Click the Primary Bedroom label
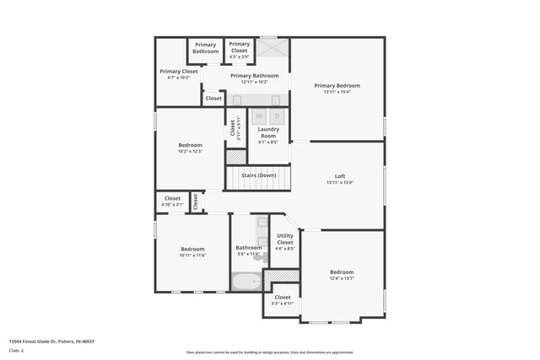(x=337, y=85)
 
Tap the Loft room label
(x=340, y=176)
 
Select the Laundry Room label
(x=268, y=132)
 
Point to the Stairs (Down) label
(x=258, y=175)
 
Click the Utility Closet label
(x=285, y=239)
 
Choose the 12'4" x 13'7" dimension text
(x=342, y=278)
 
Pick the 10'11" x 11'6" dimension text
(x=192, y=255)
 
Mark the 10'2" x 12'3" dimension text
(x=190, y=151)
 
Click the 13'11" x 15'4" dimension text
(x=337, y=92)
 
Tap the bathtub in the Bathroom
(x=248, y=282)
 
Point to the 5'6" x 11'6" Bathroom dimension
(x=248, y=254)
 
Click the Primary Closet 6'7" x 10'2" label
(x=179, y=74)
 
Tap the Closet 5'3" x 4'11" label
(x=283, y=300)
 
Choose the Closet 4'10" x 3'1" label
(x=172, y=201)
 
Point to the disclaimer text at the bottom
(x=270, y=352)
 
